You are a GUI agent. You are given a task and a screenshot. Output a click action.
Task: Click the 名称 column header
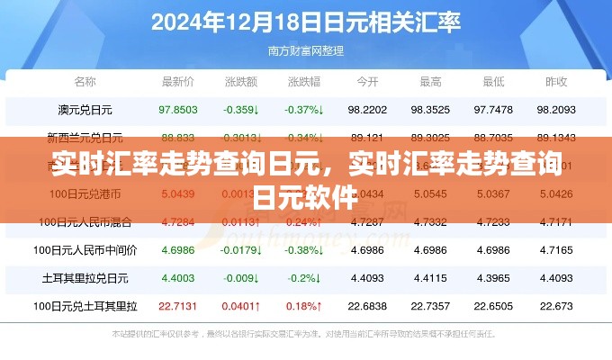coord(85,82)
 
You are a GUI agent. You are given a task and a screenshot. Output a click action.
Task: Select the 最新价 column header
coord(177,82)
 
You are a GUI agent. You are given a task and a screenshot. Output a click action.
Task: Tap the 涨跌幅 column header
coord(304,82)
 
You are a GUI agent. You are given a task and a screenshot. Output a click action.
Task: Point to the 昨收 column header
coord(556,82)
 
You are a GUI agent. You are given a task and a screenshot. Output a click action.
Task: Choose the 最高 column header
coord(430,82)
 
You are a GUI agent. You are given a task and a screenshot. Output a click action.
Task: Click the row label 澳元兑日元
coord(85,110)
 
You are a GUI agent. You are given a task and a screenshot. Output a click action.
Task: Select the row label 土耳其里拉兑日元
coord(85,277)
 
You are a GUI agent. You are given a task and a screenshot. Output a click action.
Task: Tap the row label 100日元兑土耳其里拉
coord(85,305)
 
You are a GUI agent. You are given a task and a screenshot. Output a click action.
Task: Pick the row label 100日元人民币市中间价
coord(85,249)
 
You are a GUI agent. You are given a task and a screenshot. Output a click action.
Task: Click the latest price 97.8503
coord(177,110)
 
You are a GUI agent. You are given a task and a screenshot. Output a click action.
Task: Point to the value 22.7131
coord(177,305)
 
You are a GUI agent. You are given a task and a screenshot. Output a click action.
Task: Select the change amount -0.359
coord(240,110)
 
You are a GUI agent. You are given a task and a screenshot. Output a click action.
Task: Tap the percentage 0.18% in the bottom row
coord(304,305)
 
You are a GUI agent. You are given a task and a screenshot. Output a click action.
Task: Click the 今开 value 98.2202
coord(367,110)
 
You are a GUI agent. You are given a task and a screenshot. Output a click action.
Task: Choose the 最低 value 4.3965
coord(493,277)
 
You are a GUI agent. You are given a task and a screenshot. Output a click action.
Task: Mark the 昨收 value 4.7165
coord(556,249)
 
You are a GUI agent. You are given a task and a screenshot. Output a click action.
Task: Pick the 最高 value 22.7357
coord(430,305)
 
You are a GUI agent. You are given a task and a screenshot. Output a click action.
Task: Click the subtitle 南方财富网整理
coord(305,50)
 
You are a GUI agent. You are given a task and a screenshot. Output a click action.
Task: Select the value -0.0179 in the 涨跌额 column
coord(240,249)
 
